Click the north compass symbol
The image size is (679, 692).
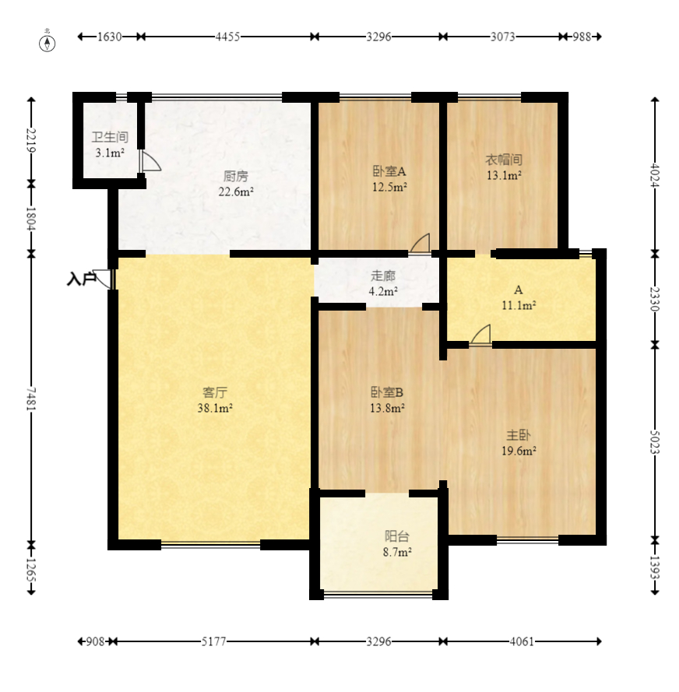[x=47, y=43]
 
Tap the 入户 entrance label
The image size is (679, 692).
[x=81, y=279]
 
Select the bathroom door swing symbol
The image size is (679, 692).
[x=150, y=160]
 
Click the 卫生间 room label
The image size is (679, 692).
[x=110, y=137]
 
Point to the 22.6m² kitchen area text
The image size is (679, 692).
[x=236, y=191]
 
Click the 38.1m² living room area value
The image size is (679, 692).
[x=215, y=408]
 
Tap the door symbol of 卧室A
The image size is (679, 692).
[x=420, y=243]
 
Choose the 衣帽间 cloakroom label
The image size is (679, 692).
[x=504, y=160]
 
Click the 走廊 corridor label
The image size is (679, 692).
[x=383, y=276]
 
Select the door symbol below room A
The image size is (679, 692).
[x=480, y=334]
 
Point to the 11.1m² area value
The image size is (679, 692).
[x=519, y=305]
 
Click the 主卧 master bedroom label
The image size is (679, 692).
[x=519, y=435]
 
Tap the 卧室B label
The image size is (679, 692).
[x=386, y=392]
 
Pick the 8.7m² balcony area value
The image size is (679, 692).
[x=397, y=552]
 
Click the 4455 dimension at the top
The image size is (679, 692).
[x=227, y=37]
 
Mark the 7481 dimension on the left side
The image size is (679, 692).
[x=31, y=399]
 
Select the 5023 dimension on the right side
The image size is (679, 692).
[x=655, y=442]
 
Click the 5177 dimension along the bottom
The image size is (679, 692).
[x=213, y=641]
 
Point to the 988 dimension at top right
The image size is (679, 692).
[x=582, y=37]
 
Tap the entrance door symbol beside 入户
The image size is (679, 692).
[x=104, y=279]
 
